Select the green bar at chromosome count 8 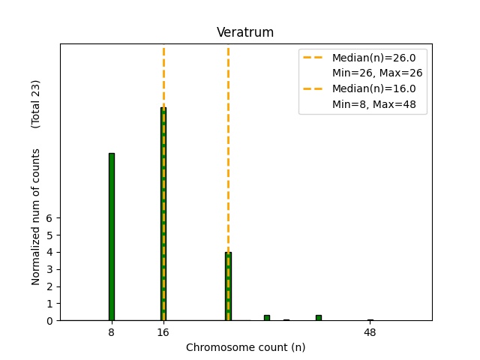tap(112, 236)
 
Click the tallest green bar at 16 tap(163, 214)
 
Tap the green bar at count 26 tap(228, 286)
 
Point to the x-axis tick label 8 tap(112, 332)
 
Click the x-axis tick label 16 tap(163, 332)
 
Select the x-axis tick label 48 tap(370, 332)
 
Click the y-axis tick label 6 tap(50, 218)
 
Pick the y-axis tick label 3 tap(50, 269)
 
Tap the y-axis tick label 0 tap(50, 321)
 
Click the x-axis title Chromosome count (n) tap(245, 348)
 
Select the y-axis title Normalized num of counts tap(36, 216)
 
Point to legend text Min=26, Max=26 tap(377, 73)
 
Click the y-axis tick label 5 tap(50, 235)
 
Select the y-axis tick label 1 tap(50, 304)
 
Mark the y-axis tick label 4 tap(50, 253)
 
